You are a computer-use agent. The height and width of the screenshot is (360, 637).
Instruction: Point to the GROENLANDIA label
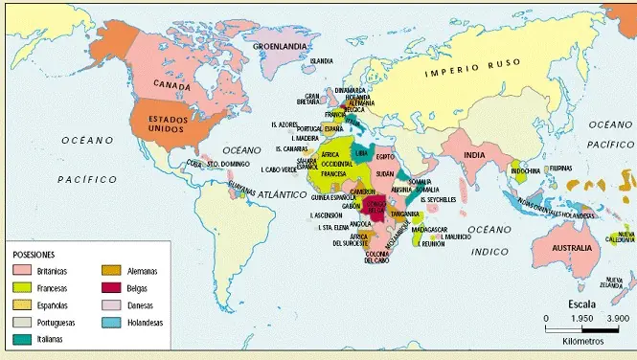[x=279, y=45]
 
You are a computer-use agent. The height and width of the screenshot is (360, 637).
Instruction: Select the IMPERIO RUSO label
[x=474, y=68]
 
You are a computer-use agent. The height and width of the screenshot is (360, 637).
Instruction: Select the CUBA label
[x=194, y=162]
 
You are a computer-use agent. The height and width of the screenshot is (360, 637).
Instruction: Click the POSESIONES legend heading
[x=34, y=255]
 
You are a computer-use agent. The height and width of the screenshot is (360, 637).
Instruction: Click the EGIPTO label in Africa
[x=385, y=156]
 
